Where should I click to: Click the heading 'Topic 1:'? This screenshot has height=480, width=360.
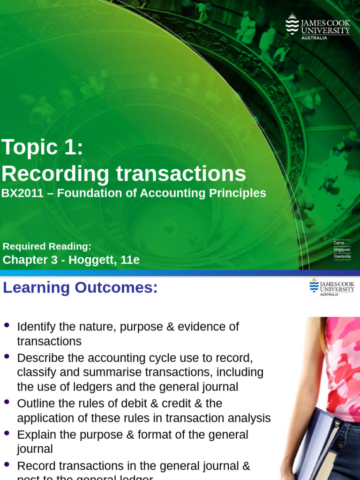click(42, 148)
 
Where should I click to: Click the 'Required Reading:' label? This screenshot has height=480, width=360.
click(47, 247)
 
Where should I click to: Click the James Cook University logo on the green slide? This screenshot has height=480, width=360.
click(318, 26)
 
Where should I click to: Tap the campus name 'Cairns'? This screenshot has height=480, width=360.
click(339, 243)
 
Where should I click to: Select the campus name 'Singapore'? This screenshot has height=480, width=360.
click(342, 249)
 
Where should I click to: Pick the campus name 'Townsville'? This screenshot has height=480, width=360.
click(342, 256)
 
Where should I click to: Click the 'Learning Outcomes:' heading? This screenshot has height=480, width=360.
click(80, 288)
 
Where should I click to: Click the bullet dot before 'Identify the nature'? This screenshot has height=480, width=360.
click(7, 325)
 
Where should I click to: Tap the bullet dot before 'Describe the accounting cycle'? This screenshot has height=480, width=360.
click(7, 356)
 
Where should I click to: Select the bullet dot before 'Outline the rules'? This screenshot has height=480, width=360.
click(7, 402)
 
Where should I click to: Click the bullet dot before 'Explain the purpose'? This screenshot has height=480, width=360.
click(7, 433)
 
